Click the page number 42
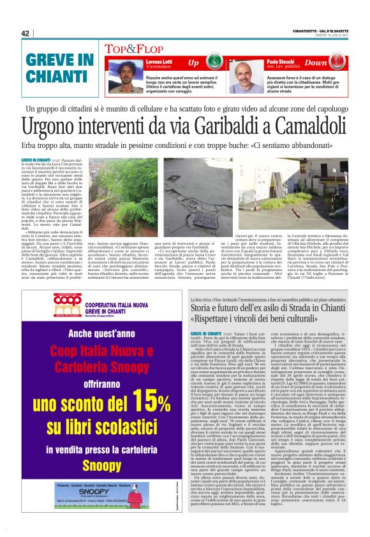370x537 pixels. pyautogui.click(x=26, y=34)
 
